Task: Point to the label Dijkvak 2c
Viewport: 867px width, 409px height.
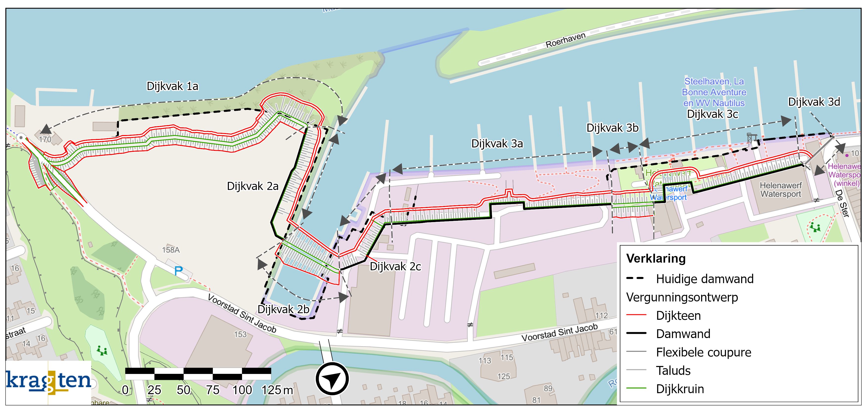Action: pyautogui.click(x=395, y=267)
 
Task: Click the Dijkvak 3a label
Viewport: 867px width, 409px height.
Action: pyautogui.click(x=497, y=144)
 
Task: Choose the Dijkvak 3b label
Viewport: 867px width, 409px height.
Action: pyautogui.click(x=612, y=128)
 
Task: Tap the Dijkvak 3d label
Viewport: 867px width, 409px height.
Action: pyautogui.click(x=814, y=102)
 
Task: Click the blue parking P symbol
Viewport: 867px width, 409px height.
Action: pyautogui.click(x=178, y=271)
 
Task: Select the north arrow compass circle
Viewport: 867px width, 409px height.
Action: pyautogui.click(x=332, y=378)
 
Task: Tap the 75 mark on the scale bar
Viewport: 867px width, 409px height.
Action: pyautogui.click(x=213, y=390)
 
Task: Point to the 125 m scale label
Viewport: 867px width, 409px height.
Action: pyautogui.click(x=277, y=390)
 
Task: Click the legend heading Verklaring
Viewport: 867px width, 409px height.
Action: pyautogui.click(x=656, y=258)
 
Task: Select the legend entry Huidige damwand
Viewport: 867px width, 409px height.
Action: pyautogui.click(x=704, y=279)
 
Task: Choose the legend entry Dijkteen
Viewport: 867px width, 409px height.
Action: pyautogui.click(x=678, y=316)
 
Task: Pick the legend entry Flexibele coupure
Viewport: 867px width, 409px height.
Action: pyautogui.click(x=703, y=352)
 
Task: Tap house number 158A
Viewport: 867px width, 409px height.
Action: pyautogui.click(x=171, y=250)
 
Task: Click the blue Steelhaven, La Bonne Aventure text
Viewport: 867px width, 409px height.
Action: pyautogui.click(x=714, y=92)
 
